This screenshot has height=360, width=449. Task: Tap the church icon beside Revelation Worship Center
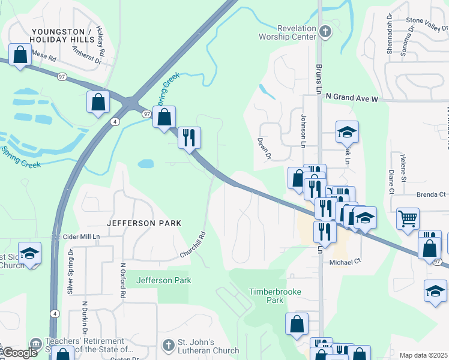pos(325,32)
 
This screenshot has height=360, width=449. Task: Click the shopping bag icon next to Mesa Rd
pos(20,55)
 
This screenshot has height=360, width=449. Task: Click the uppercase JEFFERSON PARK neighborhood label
pos(144,223)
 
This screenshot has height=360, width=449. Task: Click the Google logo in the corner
pos(20,353)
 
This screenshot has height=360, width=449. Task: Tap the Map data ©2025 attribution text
pos(423,355)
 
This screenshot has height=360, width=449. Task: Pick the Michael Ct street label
pos(343,262)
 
